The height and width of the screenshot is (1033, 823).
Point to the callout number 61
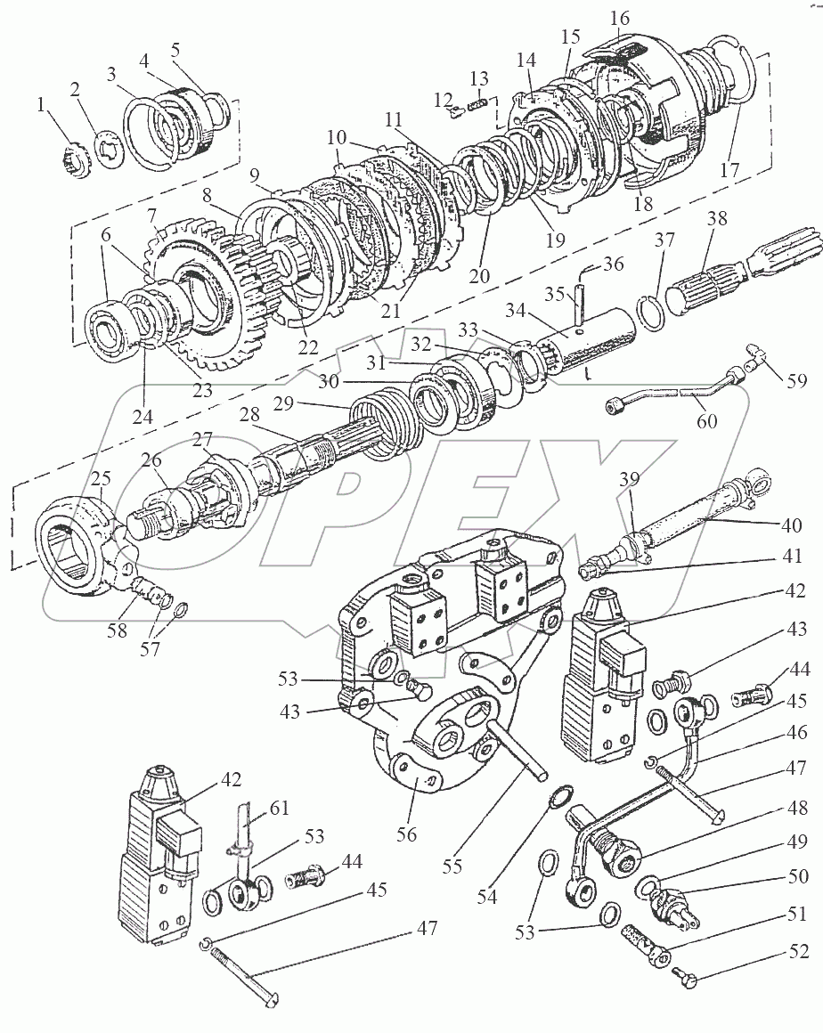coord(281,808)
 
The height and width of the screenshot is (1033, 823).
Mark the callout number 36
coord(639,264)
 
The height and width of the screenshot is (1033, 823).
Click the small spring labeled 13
coord(477,105)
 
